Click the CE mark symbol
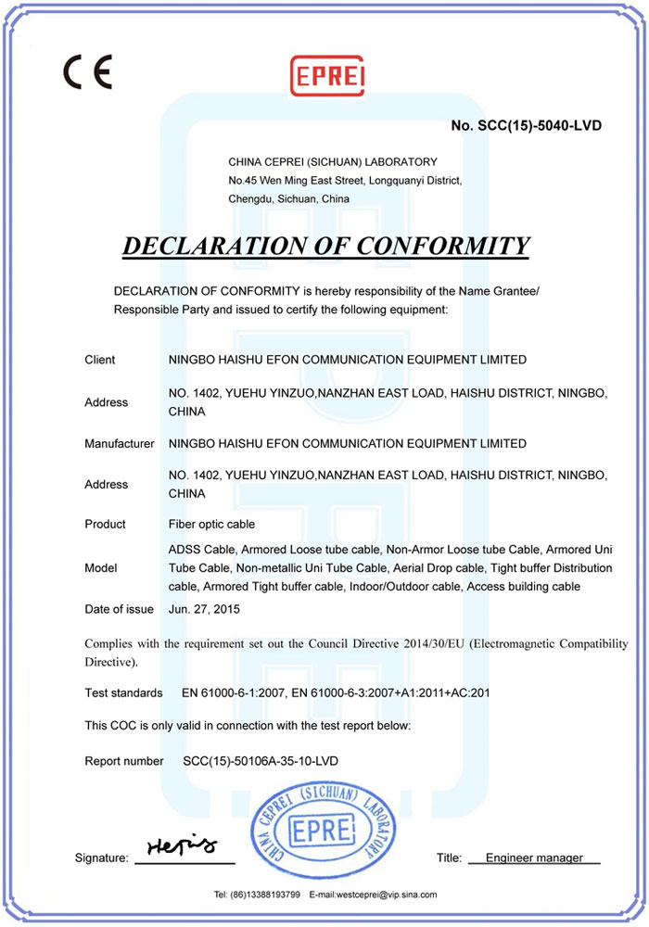(87, 71)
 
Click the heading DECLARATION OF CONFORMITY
(325, 246)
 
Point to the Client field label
(100, 360)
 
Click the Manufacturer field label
(119, 444)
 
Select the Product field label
(105, 525)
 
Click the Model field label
(99, 568)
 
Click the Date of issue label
(119, 609)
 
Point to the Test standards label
(123, 693)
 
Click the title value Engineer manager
(534, 858)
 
